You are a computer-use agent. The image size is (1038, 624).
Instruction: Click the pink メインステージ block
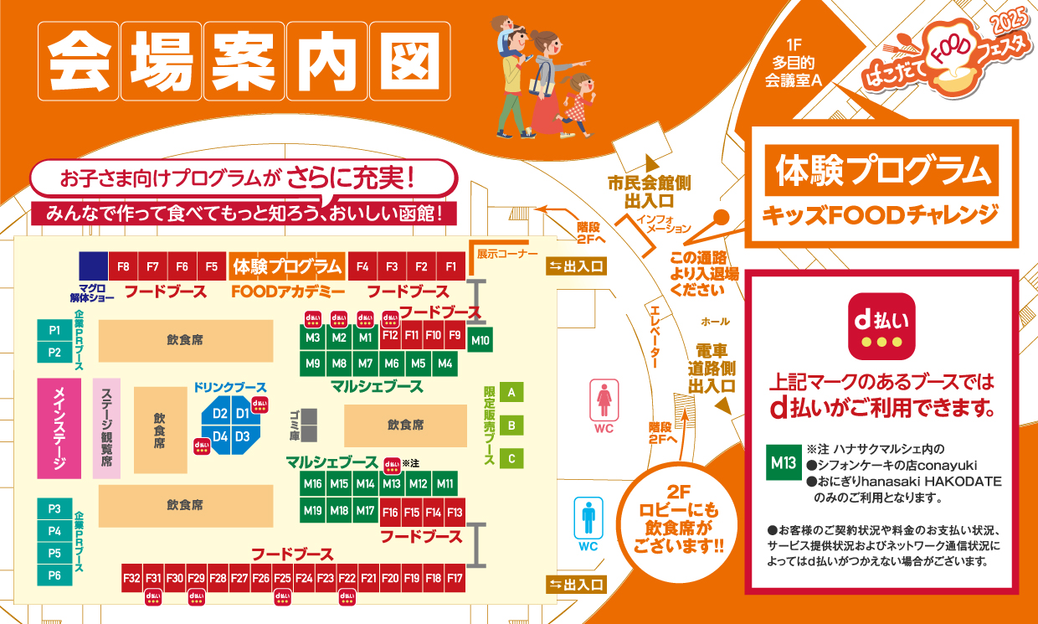pyautogui.click(x=59, y=428)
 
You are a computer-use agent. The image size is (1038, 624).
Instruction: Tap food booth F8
pyautogui.click(x=123, y=267)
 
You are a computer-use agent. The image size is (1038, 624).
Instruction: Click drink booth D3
pyautogui.click(x=243, y=436)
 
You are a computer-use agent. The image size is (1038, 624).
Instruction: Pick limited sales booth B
pyautogui.click(x=511, y=425)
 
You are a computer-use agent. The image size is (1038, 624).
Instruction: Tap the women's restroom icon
pyautogui.click(x=604, y=400)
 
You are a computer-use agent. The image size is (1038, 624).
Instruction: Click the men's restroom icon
pyautogui.click(x=588, y=518)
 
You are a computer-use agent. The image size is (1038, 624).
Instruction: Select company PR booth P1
pyautogui.click(x=54, y=330)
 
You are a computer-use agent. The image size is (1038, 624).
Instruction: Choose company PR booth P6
pyautogui.click(x=54, y=575)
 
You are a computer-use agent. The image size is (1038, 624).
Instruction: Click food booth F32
pyautogui.click(x=131, y=578)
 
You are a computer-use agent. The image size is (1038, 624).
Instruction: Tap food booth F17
pyautogui.click(x=455, y=578)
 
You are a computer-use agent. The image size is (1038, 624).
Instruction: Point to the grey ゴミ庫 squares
pyautogui.click(x=310, y=425)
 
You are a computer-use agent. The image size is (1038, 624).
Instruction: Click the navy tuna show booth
pyautogui.click(x=94, y=266)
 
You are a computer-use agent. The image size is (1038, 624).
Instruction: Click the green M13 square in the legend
pyautogui.click(x=783, y=462)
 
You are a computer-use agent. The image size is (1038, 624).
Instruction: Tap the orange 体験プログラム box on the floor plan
pyautogui.click(x=287, y=266)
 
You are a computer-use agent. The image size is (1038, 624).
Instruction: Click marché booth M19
pyautogui.click(x=312, y=510)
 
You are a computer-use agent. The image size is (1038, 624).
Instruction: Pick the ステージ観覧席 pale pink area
pyautogui.click(x=106, y=428)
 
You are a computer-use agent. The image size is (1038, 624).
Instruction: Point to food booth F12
pyautogui.click(x=390, y=335)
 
